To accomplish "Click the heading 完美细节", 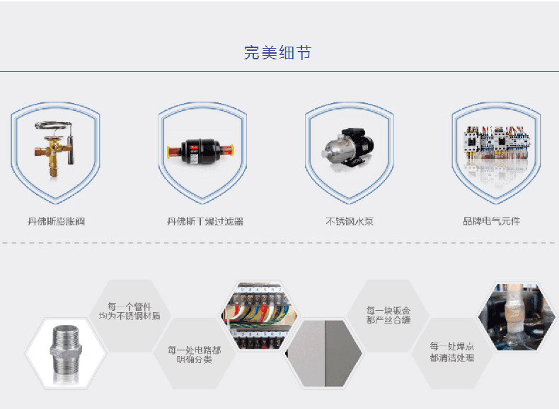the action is [x=277, y=53].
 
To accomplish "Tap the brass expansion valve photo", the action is [x=55, y=149].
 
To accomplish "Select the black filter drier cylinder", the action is [x=200, y=151].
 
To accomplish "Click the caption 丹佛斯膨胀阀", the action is [x=57, y=221].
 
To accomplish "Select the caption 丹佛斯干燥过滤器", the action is [x=205, y=221].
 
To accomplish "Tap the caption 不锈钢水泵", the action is [x=350, y=221].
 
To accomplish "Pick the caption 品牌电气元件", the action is [x=491, y=221].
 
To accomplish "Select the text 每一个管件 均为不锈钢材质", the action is [x=129, y=311].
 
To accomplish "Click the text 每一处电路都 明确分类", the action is [x=195, y=355].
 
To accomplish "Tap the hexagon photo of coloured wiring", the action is [x=260, y=316].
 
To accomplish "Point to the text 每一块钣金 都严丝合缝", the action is [x=388, y=315].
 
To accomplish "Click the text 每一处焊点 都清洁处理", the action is [x=451, y=352].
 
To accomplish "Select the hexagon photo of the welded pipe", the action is [x=517, y=316].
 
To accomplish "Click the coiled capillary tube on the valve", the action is [x=54, y=126].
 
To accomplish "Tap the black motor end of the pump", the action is [x=359, y=143].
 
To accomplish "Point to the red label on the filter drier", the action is [x=195, y=146].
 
